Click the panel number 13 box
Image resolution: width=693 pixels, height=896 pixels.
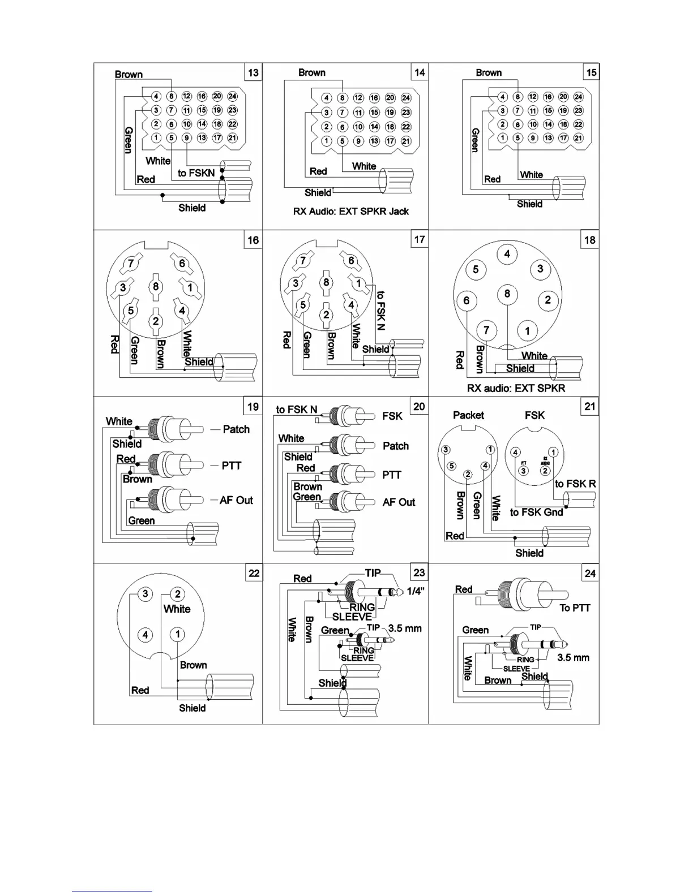click(x=253, y=72)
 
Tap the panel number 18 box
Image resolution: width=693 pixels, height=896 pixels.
click(x=590, y=240)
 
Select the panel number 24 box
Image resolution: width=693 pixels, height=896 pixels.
click(x=590, y=574)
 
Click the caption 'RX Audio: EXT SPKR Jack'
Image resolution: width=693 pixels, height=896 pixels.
click(x=350, y=212)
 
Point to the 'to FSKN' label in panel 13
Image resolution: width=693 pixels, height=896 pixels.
click(x=196, y=173)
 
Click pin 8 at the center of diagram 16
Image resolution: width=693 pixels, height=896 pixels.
click(x=156, y=286)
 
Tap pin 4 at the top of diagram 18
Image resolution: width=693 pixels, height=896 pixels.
click(x=507, y=254)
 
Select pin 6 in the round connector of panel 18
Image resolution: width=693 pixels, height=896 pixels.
click(x=467, y=300)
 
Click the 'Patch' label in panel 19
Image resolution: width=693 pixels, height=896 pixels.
click(x=236, y=429)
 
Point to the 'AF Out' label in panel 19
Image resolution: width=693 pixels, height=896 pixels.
click(x=236, y=501)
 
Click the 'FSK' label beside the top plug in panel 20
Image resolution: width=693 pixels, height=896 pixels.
click(x=392, y=416)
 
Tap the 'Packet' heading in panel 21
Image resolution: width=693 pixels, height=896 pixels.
click(x=468, y=415)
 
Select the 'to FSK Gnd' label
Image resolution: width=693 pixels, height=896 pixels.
click(x=536, y=512)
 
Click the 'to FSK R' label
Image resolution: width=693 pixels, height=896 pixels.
click(x=575, y=484)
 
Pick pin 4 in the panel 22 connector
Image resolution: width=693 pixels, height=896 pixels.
click(x=146, y=635)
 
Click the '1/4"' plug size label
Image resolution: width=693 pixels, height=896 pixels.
click(x=416, y=591)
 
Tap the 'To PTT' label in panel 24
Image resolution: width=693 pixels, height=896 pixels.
click(x=575, y=608)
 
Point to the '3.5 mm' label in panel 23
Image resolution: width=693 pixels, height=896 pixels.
click(x=405, y=628)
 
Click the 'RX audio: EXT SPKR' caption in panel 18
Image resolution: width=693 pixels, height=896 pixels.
click(x=516, y=389)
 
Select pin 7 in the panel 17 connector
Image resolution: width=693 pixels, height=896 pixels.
click(x=303, y=260)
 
